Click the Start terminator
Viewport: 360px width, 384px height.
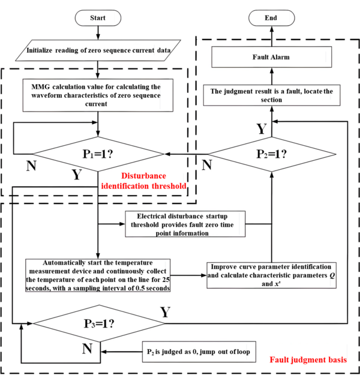97,17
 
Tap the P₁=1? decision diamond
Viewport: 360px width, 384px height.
97,155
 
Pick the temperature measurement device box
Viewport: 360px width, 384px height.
97,275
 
